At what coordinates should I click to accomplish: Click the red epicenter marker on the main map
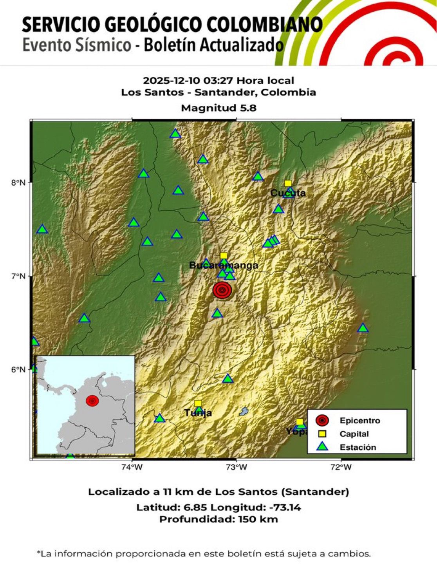click(222, 290)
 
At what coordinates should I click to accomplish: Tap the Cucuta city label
click(288, 193)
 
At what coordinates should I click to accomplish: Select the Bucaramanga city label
click(224, 266)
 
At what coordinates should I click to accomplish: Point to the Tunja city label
click(198, 413)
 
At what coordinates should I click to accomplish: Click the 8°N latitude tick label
click(18, 183)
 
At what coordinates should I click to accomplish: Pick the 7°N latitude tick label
click(18, 276)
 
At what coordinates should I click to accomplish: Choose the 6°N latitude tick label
click(18, 370)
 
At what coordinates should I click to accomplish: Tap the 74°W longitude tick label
click(132, 466)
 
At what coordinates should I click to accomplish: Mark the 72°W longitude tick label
click(341, 466)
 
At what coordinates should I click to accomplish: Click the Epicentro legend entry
click(359, 421)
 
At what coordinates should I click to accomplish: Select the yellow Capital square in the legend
click(322, 434)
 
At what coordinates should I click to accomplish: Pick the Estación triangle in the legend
click(322, 447)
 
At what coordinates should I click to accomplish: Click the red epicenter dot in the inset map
click(92, 400)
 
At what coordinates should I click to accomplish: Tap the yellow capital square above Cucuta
click(288, 183)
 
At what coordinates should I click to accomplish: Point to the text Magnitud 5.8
click(218, 108)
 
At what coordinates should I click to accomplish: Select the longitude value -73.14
click(285, 508)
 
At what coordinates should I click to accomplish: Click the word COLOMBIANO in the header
click(264, 25)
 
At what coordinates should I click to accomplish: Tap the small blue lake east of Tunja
click(244, 411)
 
